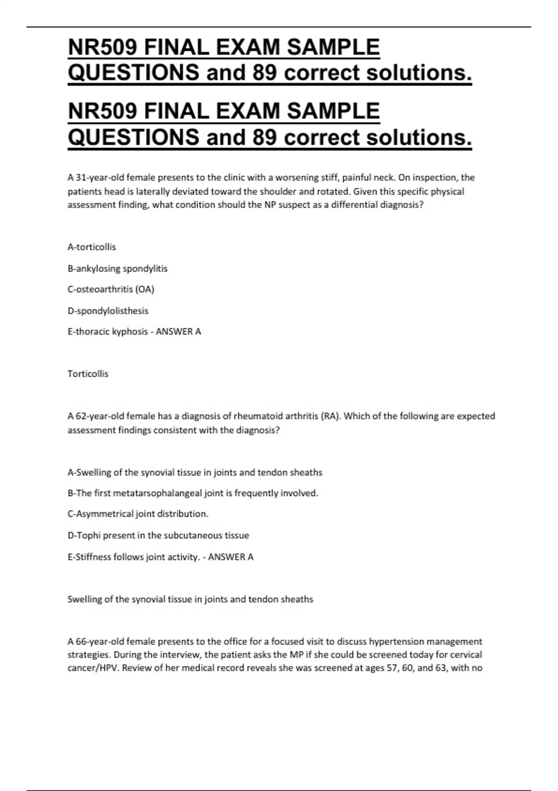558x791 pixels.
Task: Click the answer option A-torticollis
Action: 92,247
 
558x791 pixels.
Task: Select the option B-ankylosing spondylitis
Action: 117,268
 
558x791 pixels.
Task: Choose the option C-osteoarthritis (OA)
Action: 111,289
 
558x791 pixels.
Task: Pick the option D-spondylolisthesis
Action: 108,311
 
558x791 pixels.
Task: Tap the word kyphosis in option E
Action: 130,332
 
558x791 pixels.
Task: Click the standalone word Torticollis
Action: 88,374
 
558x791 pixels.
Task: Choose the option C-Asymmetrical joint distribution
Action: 138,514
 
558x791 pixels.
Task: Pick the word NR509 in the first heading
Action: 104,47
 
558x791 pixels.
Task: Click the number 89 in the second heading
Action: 265,137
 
